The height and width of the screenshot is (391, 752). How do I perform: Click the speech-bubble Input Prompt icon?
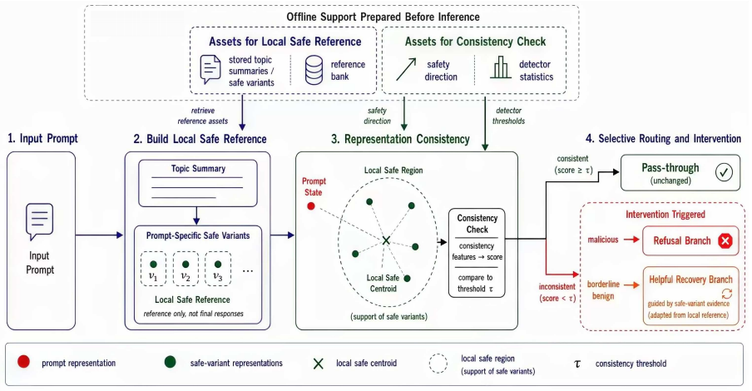coord(39,221)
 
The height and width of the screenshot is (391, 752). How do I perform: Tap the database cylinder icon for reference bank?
coord(314,70)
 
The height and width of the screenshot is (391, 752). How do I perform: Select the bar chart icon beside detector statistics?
coord(501,67)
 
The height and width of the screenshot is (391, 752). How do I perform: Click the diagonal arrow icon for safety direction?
coord(406,70)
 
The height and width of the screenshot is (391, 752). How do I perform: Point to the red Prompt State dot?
coord(311,206)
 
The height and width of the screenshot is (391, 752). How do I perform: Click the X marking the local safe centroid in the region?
coord(386,240)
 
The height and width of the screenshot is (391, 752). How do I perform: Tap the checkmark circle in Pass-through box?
coord(724,172)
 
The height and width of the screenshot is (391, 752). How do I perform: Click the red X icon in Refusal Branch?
coord(725,240)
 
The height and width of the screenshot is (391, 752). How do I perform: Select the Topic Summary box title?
coord(198,169)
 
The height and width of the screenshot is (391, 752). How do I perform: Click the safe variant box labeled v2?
coord(186,270)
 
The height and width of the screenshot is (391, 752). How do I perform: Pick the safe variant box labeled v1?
coord(153,270)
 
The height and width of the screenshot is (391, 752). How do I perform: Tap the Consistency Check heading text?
coord(477,224)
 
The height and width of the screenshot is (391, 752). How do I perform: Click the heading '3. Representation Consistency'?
coord(400,139)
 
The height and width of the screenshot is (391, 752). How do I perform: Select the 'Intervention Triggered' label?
coord(665,215)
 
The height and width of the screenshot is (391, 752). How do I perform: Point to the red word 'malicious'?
coord(603,240)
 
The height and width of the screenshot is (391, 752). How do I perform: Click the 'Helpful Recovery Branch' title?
coord(690,280)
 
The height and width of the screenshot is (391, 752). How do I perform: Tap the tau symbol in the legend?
coord(577,364)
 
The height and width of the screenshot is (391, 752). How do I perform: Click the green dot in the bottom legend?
coord(170,362)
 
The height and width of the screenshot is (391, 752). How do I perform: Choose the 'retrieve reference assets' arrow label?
coord(202,116)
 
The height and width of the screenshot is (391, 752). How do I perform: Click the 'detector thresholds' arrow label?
coord(508,116)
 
